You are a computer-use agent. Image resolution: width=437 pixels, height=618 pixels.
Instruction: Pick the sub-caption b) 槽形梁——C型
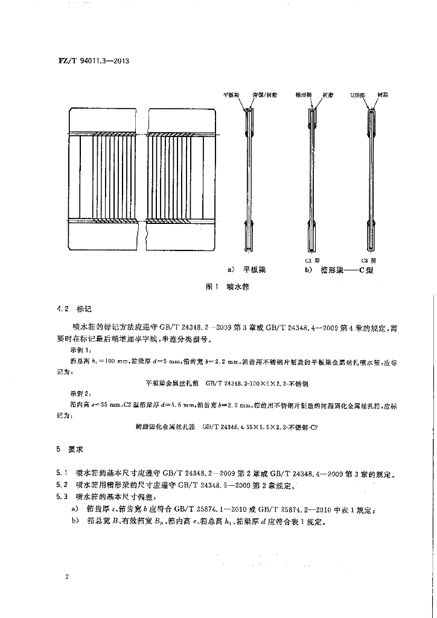[x=339, y=270]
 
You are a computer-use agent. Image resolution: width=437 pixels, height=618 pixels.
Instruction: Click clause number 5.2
[x=62, y=485]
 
